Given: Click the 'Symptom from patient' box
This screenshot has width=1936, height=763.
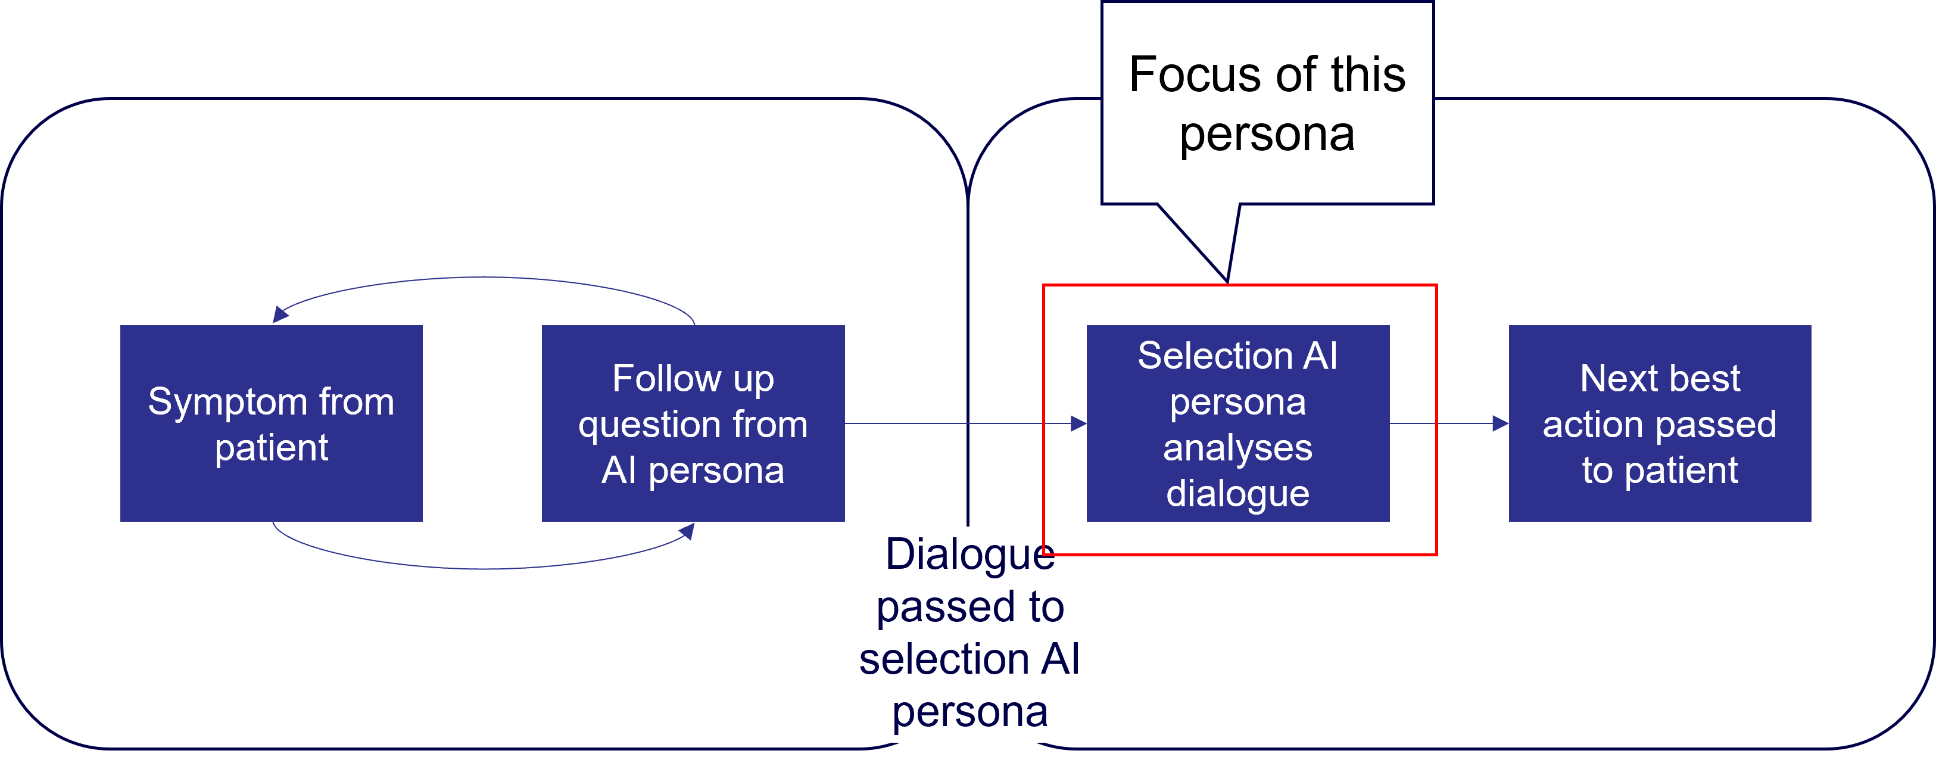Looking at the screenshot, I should click(272, 423).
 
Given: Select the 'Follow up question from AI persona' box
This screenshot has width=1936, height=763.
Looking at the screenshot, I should click(693, 423).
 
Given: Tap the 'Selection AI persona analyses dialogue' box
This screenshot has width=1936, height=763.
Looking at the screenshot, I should click(1238, 423).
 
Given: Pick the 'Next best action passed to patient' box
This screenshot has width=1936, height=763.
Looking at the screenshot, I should click(1660, 423).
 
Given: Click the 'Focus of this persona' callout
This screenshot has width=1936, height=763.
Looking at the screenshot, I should click(1267, 104).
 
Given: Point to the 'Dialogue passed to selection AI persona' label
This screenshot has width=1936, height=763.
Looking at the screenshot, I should click(969, 633).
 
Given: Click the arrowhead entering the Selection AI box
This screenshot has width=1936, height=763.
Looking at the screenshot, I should click(1079, 424).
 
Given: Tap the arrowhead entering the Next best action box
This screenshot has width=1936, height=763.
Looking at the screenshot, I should click(1501, 424).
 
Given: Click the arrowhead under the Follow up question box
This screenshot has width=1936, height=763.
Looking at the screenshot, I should click(686, 531).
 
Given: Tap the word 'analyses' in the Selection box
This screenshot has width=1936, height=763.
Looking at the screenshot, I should click(1238, 448).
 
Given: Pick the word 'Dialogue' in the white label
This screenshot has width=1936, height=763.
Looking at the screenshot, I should click(969, 555).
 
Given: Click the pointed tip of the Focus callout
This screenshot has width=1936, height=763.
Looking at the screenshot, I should click(1227, 279).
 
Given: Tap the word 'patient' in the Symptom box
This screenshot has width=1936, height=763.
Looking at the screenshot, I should click(272, 448).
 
